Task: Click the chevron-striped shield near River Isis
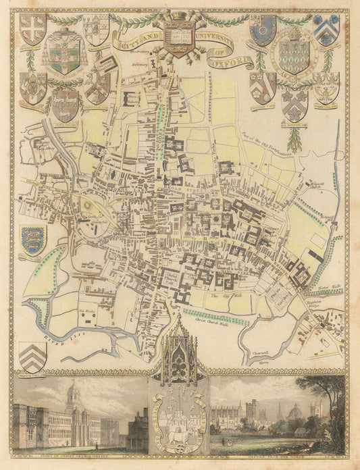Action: (x=33, y=355)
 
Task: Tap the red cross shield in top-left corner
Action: (x=32, y=28)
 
